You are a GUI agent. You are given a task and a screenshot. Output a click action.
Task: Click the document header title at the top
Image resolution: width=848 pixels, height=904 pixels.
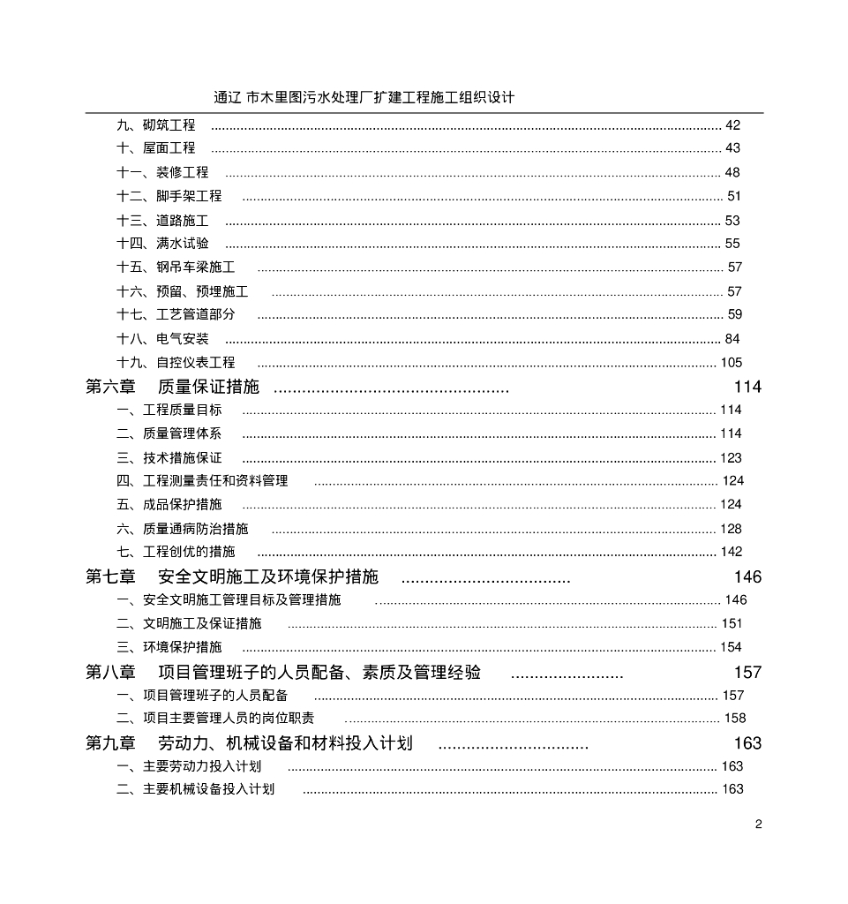point(364,97)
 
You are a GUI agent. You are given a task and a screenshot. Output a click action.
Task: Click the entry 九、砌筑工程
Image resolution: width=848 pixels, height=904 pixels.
point(156,125)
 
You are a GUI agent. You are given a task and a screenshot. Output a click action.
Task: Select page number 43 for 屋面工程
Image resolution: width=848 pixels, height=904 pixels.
point(732,148)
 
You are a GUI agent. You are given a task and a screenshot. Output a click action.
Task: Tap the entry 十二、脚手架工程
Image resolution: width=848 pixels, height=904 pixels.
point(169,196)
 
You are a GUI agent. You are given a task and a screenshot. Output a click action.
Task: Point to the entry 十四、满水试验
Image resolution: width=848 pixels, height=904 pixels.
point(163,244)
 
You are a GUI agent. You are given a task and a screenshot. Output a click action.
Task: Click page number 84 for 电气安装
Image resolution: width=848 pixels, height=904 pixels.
point(732,339)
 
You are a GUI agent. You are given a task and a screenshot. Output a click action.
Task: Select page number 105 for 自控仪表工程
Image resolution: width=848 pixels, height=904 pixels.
point(732,363)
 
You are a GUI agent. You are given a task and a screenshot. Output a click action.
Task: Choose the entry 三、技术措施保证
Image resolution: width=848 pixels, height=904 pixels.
point(169,458)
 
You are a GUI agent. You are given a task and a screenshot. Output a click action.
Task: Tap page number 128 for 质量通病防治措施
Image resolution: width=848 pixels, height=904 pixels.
point(732,529)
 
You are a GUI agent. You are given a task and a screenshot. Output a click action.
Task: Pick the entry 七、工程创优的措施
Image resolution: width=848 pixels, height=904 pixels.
point(176,553)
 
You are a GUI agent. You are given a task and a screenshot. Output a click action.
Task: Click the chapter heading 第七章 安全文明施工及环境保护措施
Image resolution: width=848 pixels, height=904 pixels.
point(232,577)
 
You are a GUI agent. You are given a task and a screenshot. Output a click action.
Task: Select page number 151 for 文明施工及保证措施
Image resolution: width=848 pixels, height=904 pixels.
point(732,624)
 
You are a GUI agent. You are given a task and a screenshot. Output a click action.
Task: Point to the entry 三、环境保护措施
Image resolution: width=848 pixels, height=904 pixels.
point(169,647)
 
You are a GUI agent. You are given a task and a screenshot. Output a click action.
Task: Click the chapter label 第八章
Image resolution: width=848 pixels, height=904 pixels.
point(110,673)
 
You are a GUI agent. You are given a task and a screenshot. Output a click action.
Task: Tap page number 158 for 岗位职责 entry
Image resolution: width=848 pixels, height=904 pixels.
point(735,719)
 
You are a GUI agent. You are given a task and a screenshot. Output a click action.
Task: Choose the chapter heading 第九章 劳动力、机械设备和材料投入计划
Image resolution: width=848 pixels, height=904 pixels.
point(250,743)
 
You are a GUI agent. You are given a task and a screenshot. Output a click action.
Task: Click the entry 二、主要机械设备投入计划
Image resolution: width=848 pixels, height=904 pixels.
point(196,789)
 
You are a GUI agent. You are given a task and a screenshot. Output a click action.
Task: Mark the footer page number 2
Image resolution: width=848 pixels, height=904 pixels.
point(758,825)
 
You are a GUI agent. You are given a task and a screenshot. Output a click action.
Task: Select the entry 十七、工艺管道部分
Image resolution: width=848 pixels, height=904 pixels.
point(176,315)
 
